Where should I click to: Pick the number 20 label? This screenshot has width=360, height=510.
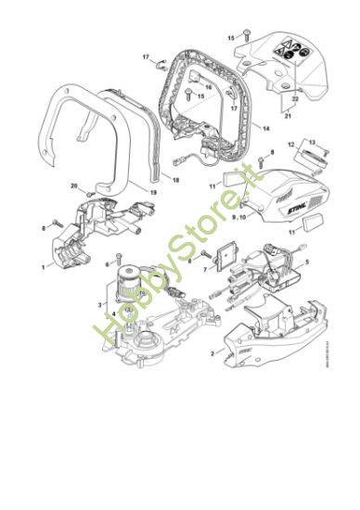click(x=74, y=186)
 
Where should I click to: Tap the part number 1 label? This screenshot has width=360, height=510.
click(x=43, y=266)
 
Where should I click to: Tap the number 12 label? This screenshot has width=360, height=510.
click(x=289, y=144)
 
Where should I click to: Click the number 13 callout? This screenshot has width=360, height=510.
click(x=312, y=143)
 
